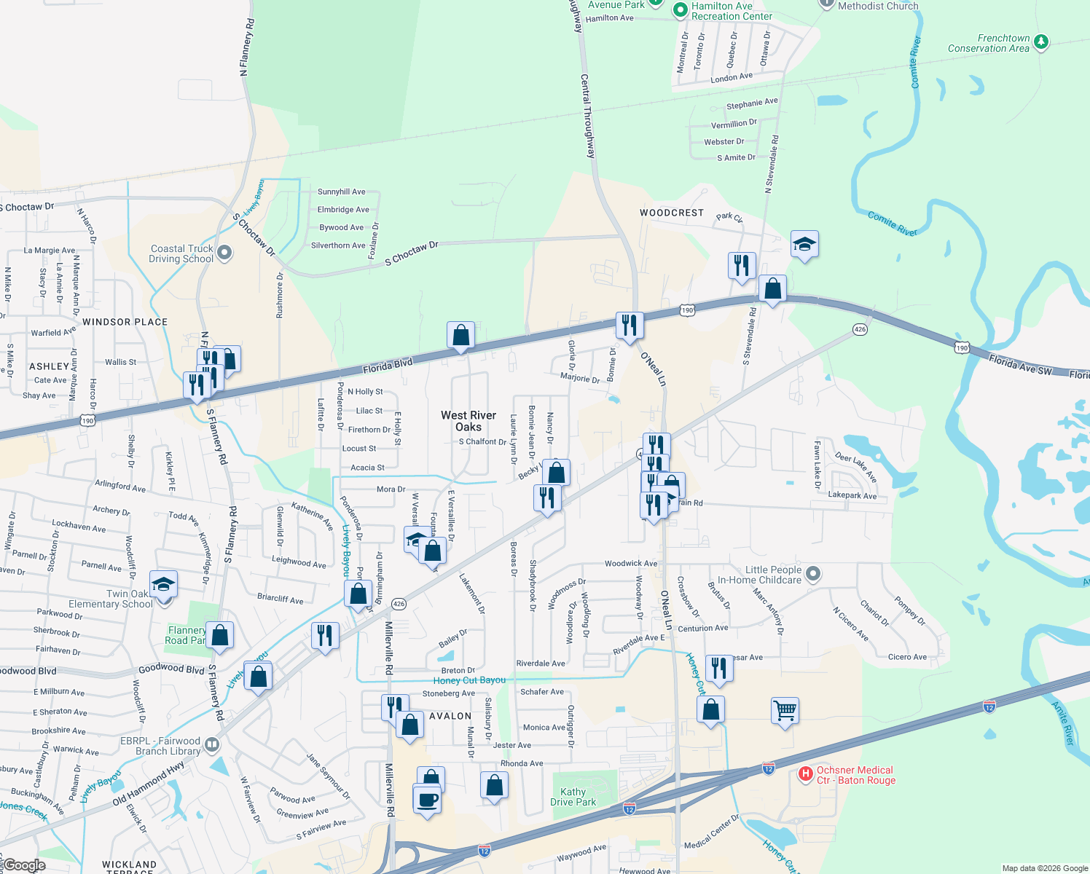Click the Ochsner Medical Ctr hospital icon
click(x=805, y=774)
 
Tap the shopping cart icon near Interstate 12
click(x=785, y=710)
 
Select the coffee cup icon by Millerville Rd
click(x=427, y=800)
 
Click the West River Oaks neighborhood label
click(x=468, y=421)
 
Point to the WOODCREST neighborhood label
click(x=672, y=213)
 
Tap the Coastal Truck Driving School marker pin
click(x=224, y=253)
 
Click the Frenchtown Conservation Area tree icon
click(x=1041, y=42)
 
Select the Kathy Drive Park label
click(x=573, y=797)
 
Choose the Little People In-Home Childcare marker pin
click(x=813, y=574)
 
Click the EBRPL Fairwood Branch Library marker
click(x=212, y=744)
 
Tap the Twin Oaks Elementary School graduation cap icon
click(x=163, y=585)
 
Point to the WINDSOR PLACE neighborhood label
click(x=125, y=322)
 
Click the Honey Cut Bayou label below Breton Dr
click(x=469, y=680)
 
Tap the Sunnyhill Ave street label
click(x=342, y=192)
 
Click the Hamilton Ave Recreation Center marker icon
click(x=681, y=10)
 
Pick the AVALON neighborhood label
click(x=450, y=716)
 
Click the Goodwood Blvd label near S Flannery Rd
click(x=171, y=668)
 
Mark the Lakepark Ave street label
click(x=852, y=495)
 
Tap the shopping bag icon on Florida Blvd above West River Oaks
click(x=460, y=336)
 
